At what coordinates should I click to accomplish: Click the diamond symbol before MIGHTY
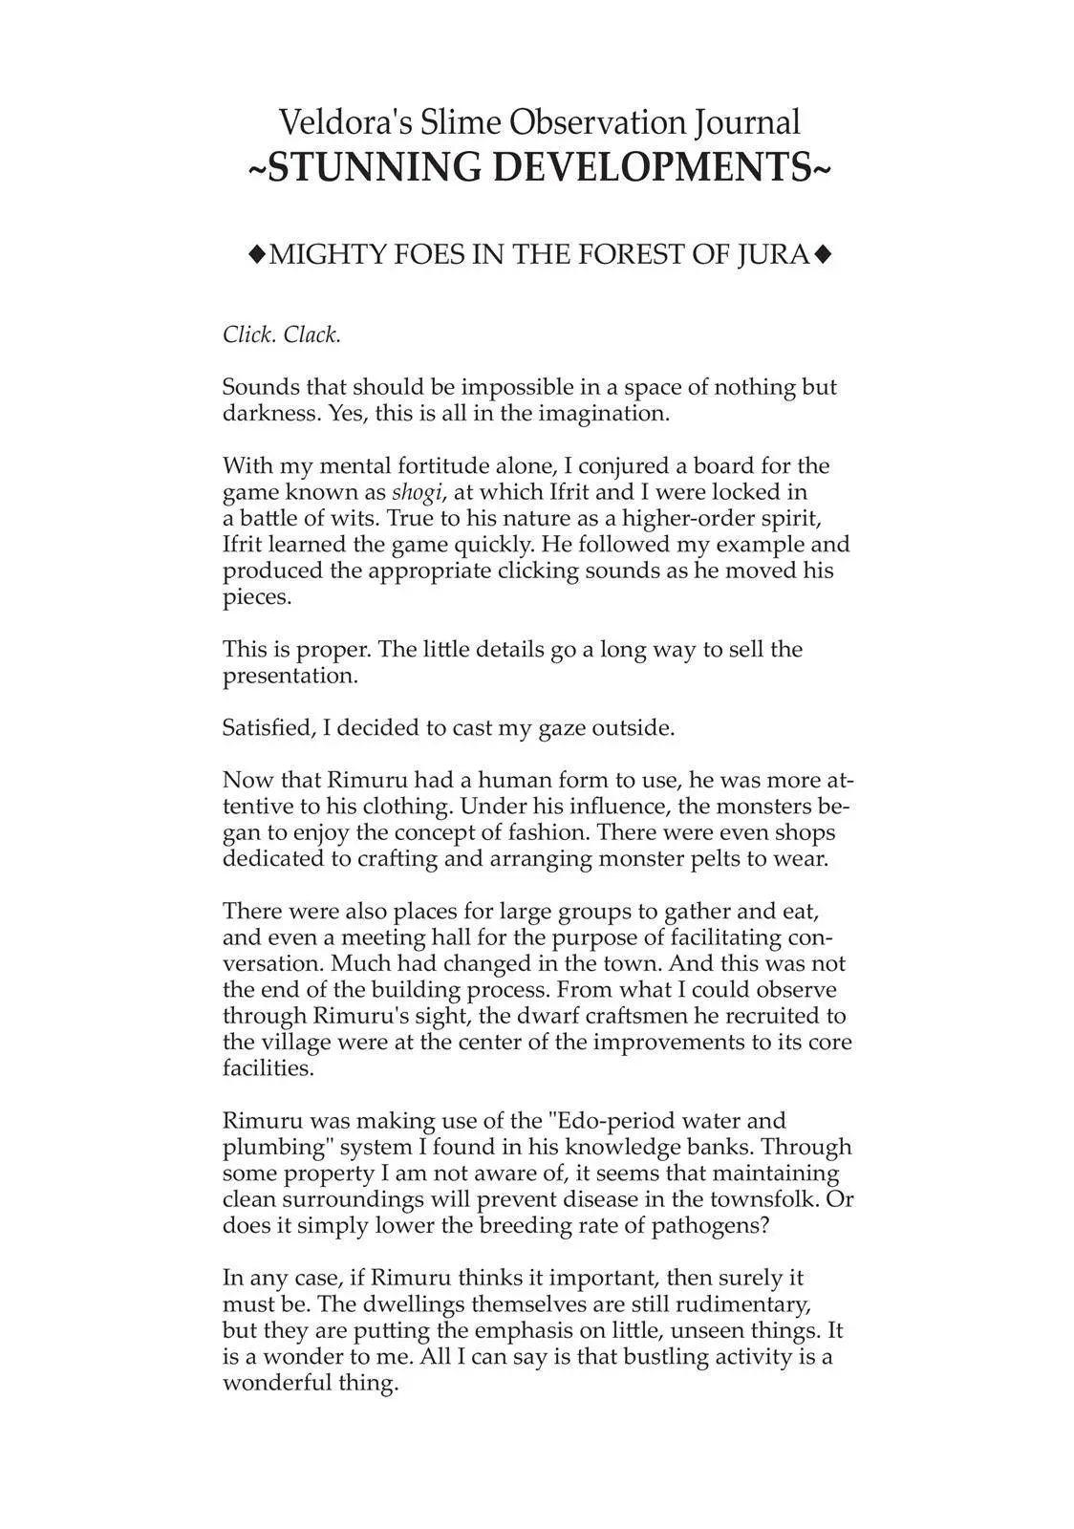[x=255, y=254]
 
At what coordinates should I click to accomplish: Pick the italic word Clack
[x=312, y=335]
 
